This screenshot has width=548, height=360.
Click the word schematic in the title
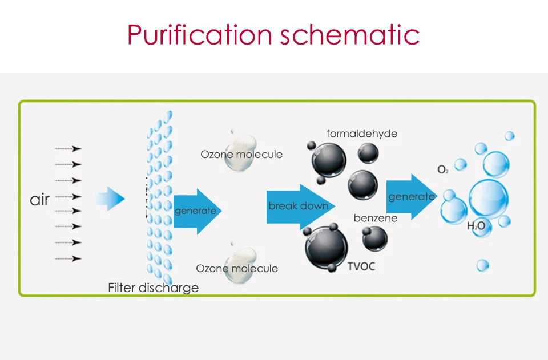(349, 35)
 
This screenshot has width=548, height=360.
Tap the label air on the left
(39, 200)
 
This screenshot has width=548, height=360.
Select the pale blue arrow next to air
(111, 199)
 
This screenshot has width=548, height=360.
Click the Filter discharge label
(153, 288)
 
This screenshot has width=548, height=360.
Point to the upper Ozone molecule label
(241, 155)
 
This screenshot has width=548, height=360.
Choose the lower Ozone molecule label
(237, 268)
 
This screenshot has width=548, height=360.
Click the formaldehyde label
(362, 134)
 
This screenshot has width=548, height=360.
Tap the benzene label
(376, 218)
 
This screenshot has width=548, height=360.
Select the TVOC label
(361, 266)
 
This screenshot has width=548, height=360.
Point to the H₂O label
(476, 226)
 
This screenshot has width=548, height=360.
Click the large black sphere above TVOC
(326, 249)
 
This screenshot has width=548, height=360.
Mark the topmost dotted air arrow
(68, 149)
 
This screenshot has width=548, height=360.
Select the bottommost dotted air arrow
(68, 258)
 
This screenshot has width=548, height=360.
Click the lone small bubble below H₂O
(482, 265)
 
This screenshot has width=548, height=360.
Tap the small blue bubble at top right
(509, 136)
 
